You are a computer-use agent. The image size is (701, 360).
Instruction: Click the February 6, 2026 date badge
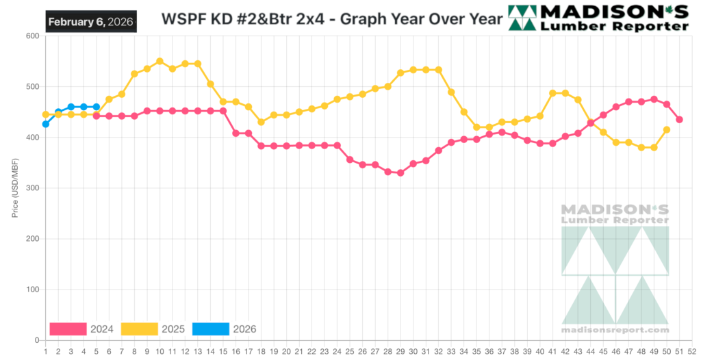(91, 21)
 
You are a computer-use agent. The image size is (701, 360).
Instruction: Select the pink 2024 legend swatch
(68, 329)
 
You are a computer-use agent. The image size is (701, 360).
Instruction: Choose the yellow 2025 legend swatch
(140, 329)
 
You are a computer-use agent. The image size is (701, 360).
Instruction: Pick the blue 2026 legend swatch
(211, 329)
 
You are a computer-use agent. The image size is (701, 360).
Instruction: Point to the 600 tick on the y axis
(31, 36)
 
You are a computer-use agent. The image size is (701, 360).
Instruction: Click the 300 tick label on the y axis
(31, 188)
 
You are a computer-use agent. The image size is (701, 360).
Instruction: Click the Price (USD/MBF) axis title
(16, 188)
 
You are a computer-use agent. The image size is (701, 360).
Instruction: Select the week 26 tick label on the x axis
(362, 351)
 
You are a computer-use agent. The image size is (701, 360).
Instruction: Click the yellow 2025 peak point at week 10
(160, 61)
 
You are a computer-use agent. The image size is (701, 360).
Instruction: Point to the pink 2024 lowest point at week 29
(400, 172)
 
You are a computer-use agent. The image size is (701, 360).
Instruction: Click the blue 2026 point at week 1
(46, 124)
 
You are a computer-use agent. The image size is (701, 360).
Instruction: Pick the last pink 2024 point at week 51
(679, 119)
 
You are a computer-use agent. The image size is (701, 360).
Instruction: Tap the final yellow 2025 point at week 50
(667, 129)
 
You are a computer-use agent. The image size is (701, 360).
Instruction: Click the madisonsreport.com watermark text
(615, 329)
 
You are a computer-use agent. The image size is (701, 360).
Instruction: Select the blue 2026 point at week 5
(97, 107)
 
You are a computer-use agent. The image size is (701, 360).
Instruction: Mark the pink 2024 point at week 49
(654, 99)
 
